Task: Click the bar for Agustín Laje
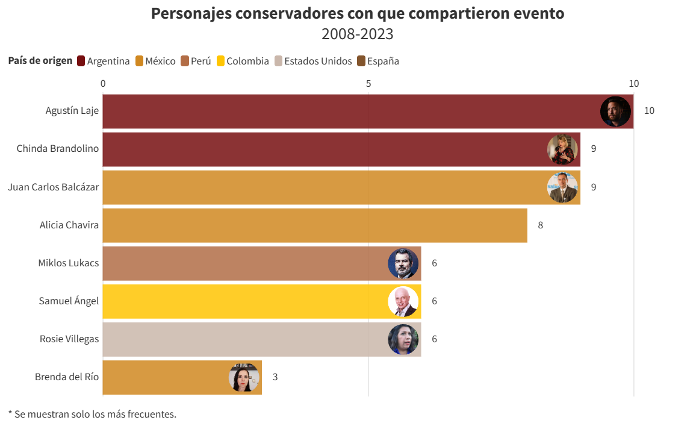click(x=349, y=111)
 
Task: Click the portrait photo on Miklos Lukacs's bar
click(x=403, y=263)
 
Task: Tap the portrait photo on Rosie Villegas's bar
click(x=403, y=339)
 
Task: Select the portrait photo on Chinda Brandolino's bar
click(x=562, y=149)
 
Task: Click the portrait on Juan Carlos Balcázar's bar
click(x=562, y=187)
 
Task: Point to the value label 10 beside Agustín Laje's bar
click(x=649, y=111)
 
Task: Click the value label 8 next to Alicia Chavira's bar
click(x=540, y=225)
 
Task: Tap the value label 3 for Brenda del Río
click(x=275, y=377)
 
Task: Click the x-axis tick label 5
click(x=368, y=84)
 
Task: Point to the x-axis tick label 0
click(x=103, y=84)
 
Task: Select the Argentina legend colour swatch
click(x=81, y=61)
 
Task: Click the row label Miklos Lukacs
click(x=69, y=263)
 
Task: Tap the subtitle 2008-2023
click(x=357, y=34)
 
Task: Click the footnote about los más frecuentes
click(x=92, y=414)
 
